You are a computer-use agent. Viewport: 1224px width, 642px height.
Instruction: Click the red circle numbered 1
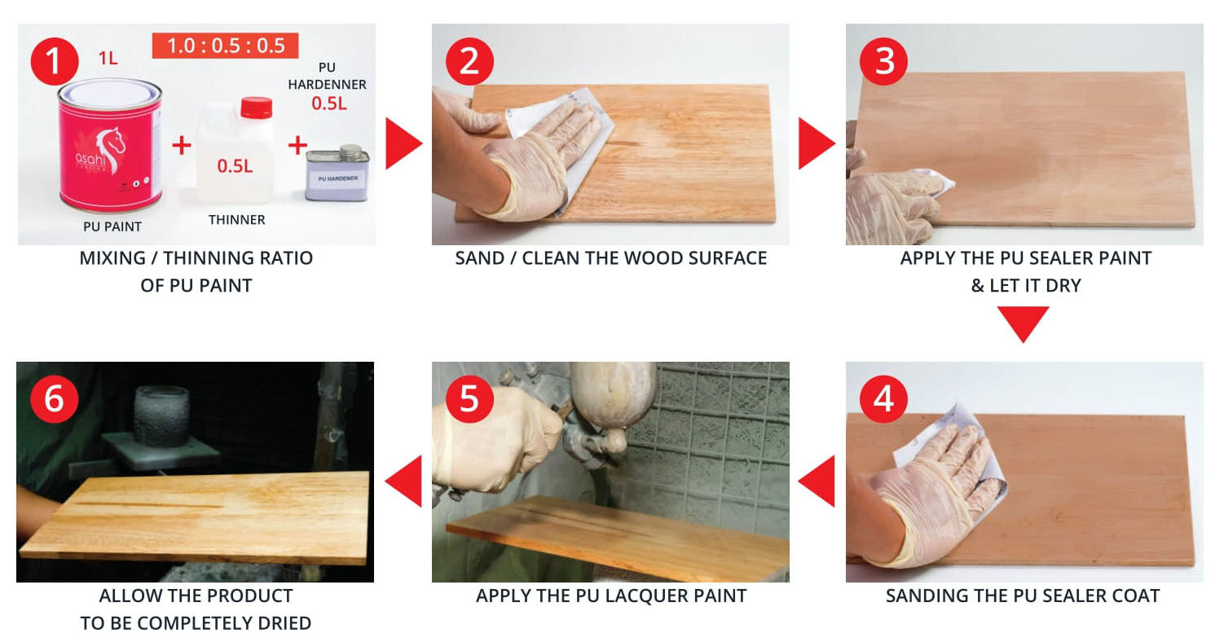55,61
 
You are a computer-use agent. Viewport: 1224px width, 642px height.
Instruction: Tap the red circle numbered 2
469,61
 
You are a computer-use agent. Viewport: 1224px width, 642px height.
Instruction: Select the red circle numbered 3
883,61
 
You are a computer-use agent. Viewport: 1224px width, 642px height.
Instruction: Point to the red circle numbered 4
883,399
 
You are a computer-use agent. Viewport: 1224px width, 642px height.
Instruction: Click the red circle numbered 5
469,399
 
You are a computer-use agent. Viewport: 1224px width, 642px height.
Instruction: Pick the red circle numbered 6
55,399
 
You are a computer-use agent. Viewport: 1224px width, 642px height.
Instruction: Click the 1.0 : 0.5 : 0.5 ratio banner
225,46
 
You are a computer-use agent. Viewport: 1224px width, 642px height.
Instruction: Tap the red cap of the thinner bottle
256,108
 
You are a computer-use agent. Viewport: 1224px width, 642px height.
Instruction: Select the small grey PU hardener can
337,173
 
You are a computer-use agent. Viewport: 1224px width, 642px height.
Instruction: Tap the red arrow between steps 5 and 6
403,481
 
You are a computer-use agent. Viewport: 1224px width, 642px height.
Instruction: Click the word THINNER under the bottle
236,220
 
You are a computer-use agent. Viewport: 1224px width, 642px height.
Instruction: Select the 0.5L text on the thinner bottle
235,165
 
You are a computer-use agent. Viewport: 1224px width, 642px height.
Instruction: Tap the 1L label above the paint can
108,58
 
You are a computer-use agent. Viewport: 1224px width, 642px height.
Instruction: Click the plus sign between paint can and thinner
182,145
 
